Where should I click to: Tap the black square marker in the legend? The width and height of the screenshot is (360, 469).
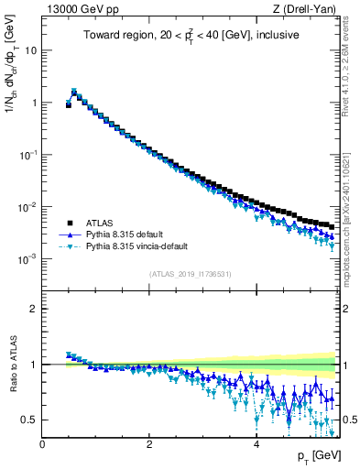click(70, 222)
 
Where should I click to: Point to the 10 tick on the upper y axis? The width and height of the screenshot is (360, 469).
click(31, 50)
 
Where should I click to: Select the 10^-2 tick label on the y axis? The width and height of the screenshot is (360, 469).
click(27, 207)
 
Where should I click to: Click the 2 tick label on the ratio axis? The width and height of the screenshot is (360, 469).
click(34, 309)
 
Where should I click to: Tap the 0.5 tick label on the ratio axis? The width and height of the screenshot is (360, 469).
click(30, 420)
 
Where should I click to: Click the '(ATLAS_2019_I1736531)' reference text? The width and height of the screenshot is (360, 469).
click(190, 274)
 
